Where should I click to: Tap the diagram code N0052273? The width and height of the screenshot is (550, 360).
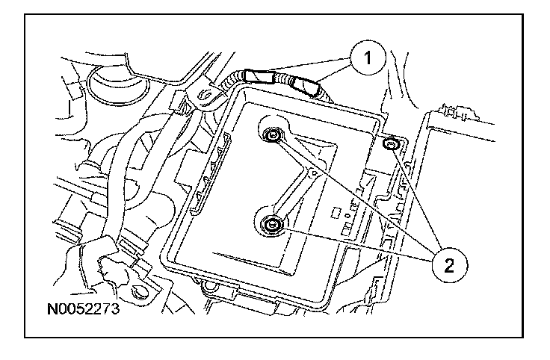pos(82,307)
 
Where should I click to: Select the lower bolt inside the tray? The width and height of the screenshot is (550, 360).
pos(271,224)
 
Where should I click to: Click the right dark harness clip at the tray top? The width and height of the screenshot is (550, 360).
pos(308,85)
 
